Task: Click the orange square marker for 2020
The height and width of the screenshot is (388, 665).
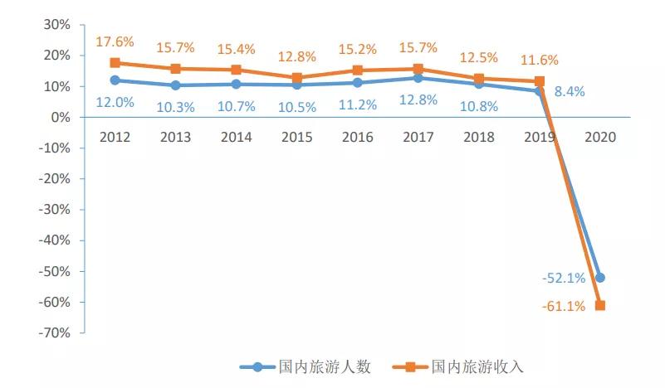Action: click(x=600, y=306)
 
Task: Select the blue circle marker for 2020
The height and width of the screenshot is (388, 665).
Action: click(x=600, y=278)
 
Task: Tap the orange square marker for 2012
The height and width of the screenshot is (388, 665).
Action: click(x=115, y=63)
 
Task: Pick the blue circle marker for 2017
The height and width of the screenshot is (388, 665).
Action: click(x=418, y=78)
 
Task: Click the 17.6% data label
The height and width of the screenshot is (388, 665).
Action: click(x=115, y=41)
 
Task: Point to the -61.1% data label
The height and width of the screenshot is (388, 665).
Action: click(x=564, y=306)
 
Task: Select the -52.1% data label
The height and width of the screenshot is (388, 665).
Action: click(x=564, y=279)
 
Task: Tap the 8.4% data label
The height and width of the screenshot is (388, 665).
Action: click(x=570, y=92)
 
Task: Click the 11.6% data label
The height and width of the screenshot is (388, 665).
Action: click(x=540, y=60)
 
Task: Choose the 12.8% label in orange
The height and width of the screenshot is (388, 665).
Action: click(x=296, y=57)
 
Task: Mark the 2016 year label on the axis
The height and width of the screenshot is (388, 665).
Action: click(x=357, y=138)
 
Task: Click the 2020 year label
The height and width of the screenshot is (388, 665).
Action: click(x=600, y=138)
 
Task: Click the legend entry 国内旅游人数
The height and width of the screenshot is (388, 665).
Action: click(x=306, y=366)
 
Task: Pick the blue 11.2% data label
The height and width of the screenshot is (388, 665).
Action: click(x=357, y=105)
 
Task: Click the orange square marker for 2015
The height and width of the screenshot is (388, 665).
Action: click(x=296, y=78)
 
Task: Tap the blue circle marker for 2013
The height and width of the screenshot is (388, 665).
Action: click(x=175, y=85)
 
